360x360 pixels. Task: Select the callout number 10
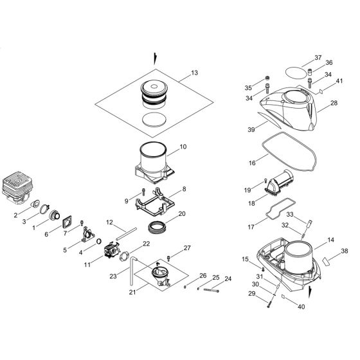click(x=183, y=147)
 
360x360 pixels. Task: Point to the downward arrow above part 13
click(x=154, y=57)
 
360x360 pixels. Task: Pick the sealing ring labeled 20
click(x=158, y=227)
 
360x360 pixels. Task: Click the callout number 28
click(x=334, y=104)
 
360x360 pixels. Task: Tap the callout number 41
click(x=340, y=81)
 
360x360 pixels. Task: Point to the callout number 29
click(x=252, y=293)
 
